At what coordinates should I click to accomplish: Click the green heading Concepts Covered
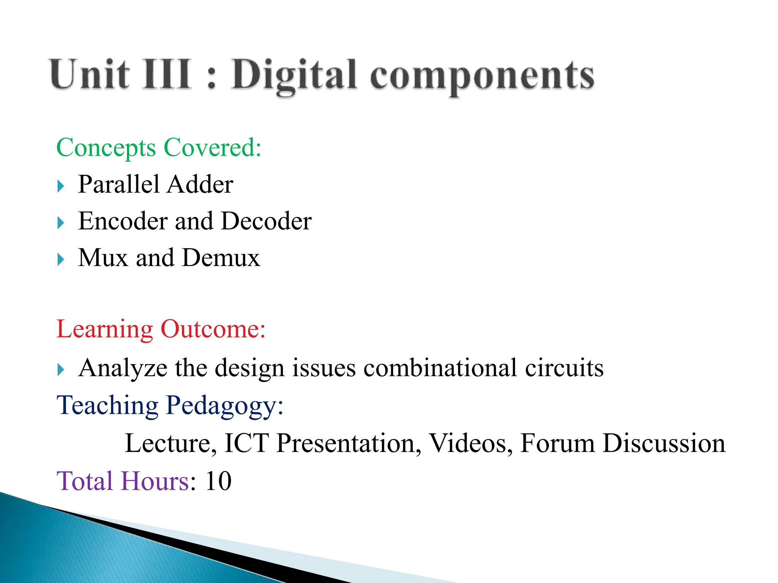click(x=159, y=148)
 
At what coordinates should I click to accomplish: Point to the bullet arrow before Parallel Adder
click(x=61, y=186)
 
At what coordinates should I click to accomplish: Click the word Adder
click(x=200, y=184)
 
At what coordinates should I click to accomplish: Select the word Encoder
click(x=123, y=221)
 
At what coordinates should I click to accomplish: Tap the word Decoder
click(x=266, y=221)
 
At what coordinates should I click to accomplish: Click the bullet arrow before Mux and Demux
click(x=61, y=260)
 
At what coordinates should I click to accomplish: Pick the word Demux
click(x=221, y=258)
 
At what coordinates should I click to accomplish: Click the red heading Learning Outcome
click(x=161, y=329)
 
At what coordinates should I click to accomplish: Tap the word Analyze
click(x=123, y=368)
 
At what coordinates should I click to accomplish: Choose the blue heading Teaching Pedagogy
click(x=170, y=406)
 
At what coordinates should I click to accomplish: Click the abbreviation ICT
click(x=247, y=443)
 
